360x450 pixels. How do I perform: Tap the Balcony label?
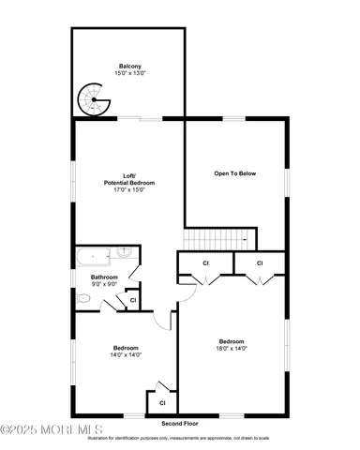[x=130, y=66]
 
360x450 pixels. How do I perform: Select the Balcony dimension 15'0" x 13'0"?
[x=130, y=73]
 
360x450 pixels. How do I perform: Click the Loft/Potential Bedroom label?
[x=128, y=178]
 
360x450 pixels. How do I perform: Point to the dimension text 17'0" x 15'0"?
[x=128, y=189]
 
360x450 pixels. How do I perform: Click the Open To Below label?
[x=235, y=173]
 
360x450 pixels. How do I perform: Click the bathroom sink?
[x=127, y=252]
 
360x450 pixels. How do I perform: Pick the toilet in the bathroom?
[x=84, y=298]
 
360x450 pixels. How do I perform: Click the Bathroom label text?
[x=104, y=277]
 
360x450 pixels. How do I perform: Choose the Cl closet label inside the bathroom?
[x=133, y=299]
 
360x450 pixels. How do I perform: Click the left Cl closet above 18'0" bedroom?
[x=205, y=263]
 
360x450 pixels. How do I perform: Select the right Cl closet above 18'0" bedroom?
[x=260, y=263]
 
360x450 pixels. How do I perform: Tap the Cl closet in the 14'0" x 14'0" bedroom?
[x=161, y=402]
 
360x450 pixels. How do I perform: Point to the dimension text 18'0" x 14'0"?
[x=232, y=349]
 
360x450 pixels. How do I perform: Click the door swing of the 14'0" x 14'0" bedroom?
[x=166, y=320]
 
